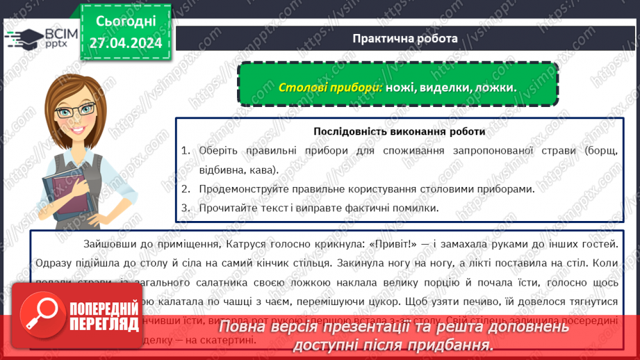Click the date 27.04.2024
point(125,43)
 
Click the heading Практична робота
point(404,38)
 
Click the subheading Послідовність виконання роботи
point(399,131)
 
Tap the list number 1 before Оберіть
point(186,150)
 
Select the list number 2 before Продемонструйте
point(186,188)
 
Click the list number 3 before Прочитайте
point(186,207)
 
